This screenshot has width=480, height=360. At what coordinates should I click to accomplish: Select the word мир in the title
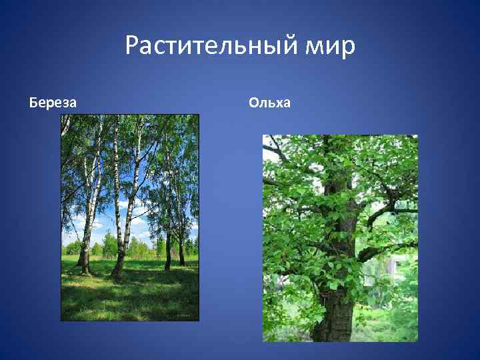[331, 47]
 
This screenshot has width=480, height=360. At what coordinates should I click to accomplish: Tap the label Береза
[53, 103]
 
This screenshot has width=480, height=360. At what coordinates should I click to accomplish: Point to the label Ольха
[269, 103]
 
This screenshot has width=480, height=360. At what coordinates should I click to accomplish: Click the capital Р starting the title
[132, 47]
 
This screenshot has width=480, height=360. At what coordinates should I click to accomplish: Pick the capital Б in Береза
[33, 103]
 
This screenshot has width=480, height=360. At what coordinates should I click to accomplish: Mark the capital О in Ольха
[254, 103]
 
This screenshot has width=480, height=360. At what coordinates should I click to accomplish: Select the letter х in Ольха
[278, 103]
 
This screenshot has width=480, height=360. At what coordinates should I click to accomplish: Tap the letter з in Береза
[65, 103]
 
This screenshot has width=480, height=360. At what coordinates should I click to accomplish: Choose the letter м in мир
[317, 48]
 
